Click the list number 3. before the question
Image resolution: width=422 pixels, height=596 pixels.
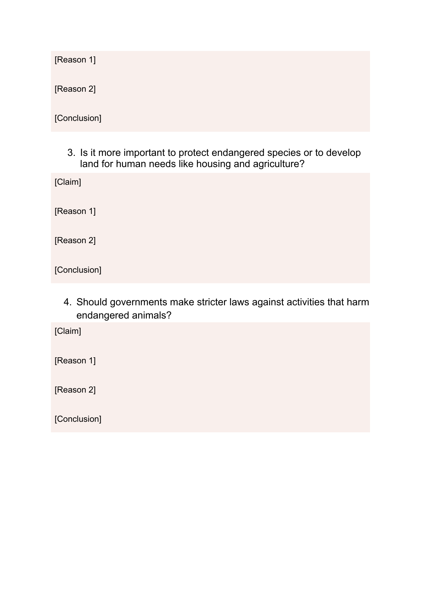(71, 153)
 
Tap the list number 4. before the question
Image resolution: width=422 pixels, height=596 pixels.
(67, 302)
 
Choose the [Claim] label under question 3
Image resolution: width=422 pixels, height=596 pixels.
(68, 182)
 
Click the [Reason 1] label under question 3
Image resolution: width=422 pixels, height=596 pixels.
(75, 211)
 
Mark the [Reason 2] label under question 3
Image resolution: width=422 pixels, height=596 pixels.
(75, 240)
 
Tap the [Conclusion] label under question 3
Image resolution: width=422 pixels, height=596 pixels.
(78, 270)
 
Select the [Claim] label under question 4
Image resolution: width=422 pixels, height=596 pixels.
(68, 331)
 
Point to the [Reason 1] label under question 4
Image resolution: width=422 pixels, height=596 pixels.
(75, 361)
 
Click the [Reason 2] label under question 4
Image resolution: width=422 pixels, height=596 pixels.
(75, 390)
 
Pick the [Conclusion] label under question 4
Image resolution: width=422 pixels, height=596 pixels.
(78, 419)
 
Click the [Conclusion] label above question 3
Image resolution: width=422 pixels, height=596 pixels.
(78, 118)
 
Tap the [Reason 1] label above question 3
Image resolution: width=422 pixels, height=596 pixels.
(75, 60)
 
